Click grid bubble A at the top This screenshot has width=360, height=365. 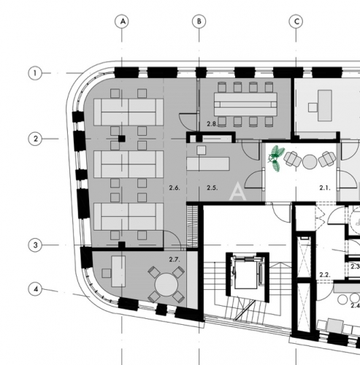(122, 21)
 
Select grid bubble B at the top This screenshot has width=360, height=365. (199, 21)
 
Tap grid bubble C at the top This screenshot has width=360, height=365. (296, 21)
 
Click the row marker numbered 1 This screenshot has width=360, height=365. (35, 73)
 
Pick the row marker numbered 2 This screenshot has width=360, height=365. (35, 139)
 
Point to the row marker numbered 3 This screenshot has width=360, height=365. (35, 245)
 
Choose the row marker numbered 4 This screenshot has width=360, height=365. (35, 289)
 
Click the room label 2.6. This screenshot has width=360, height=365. (175, 188)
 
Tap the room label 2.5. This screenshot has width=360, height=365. (212, 188)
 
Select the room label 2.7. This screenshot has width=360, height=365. (175, 260)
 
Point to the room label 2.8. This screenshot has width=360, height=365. (212, 124)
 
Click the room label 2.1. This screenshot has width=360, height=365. (325, 188)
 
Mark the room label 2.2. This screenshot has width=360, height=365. (325, 275)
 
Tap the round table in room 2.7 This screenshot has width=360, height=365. (166, 284)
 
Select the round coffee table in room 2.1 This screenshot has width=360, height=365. (310, 161)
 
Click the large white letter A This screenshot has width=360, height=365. (237, 192)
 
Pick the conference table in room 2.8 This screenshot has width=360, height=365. (245, 104)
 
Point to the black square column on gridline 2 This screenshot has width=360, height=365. (122, 139)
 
